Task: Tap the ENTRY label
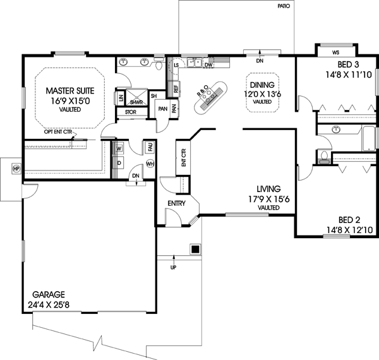point(176,203)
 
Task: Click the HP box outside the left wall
point(15,169)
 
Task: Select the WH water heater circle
point(150,164)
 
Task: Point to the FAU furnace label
point(150,147)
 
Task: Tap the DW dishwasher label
point(207,64)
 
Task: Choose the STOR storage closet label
point(131,112)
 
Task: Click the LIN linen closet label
point(120,98)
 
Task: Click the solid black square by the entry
point(195,249)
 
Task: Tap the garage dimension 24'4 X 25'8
point(54,305)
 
